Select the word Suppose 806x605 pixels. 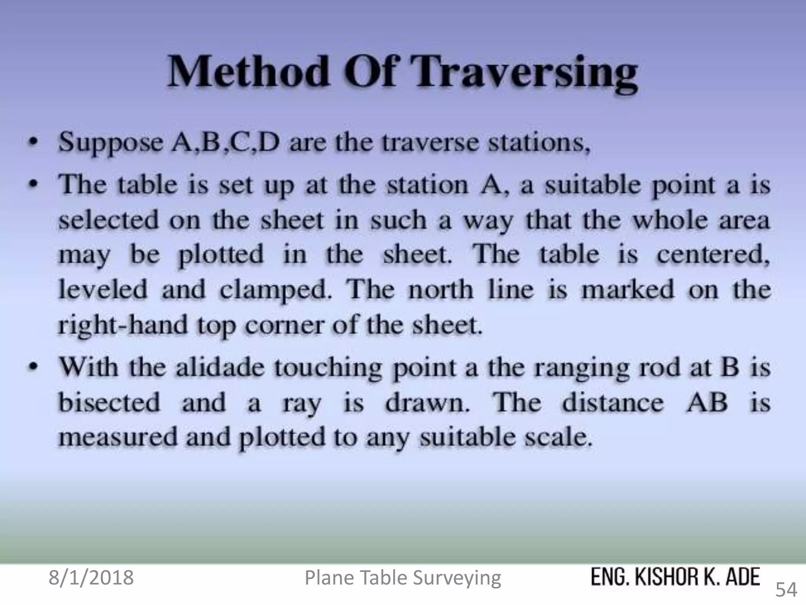click(x=110, y=143)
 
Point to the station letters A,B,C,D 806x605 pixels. click(x=224, y=143)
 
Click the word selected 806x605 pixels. click(x=109, y=220)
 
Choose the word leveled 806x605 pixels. click(x=103, y=290)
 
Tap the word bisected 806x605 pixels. click(x=109, y=403)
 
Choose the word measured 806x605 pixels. click(x=118, y=437)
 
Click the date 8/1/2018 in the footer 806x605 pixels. click(x=91, y=578)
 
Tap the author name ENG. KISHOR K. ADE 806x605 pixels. click(x=675, y=577)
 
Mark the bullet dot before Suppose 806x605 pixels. click(x=35, y=142)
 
